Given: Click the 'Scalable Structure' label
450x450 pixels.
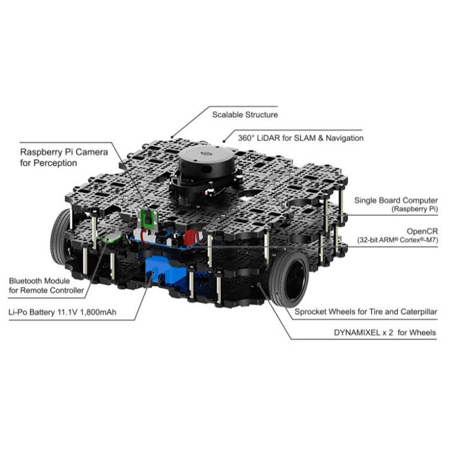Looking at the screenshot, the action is tap(245, 115).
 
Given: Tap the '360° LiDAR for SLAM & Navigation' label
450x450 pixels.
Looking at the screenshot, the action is tap(301, 138).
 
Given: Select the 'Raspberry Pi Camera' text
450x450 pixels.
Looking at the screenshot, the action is tap(64, 152).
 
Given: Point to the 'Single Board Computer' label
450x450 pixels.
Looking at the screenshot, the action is tap(396, 200).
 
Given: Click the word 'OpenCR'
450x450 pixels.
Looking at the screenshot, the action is tap(422, 232).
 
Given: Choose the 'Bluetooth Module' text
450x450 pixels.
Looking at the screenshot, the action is tap(40, 281).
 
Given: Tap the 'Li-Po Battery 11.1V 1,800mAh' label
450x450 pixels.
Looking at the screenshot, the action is tap(62, 312).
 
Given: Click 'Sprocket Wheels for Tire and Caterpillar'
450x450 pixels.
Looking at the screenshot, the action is tap(366, 312).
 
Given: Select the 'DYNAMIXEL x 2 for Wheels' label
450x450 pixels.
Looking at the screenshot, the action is tap(385, 332).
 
